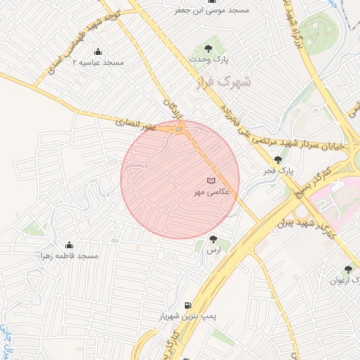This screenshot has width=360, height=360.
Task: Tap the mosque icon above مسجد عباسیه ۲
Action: point(97,52)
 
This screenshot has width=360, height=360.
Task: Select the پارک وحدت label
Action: point(208,58)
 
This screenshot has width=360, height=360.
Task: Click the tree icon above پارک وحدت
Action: point(208,48)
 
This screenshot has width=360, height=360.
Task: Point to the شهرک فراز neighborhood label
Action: point(223,82)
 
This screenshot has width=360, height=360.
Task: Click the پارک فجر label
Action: point(278,171)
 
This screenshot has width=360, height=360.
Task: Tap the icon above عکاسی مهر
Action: point(211,181)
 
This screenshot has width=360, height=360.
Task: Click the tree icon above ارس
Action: point(213,240)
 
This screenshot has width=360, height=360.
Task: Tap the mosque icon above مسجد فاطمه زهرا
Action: point(69,245)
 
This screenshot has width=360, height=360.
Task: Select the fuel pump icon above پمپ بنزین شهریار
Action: point(186,306)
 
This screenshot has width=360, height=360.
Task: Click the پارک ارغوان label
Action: point(345,280)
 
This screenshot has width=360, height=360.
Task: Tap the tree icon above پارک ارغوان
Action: point(348,269)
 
